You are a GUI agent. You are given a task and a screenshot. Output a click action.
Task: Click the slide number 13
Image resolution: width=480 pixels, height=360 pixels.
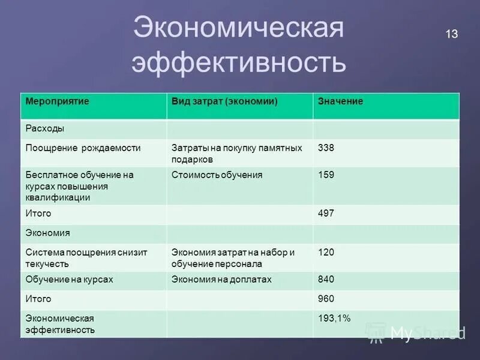click(451, 34)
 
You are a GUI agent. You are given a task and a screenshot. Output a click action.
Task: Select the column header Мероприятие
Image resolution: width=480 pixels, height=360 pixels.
click(58, 101)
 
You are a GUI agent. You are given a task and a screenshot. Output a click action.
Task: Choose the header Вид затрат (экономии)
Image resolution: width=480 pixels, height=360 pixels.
click(224, 101)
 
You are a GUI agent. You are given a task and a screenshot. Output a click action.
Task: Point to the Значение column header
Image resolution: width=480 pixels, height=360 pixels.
click(340, 101)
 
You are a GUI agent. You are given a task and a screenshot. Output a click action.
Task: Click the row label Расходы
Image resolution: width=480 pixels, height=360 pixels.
click(45, 128)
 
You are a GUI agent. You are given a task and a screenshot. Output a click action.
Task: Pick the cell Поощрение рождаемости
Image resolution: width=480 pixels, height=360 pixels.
click(83, 148)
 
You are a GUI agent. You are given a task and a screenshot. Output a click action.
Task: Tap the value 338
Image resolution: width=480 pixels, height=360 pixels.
click(326, 148)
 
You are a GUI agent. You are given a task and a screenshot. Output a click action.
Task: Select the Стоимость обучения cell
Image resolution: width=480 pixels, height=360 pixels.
click(217, 175)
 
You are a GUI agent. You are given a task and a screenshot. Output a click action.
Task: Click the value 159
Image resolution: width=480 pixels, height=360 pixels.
click(326, 175)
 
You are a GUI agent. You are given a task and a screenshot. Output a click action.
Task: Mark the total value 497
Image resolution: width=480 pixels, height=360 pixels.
click(326, 214)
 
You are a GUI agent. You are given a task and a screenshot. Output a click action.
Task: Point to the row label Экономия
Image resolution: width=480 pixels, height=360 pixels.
click(48, 233)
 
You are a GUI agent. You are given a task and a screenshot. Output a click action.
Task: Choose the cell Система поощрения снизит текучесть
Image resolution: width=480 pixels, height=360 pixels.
click(86, 258)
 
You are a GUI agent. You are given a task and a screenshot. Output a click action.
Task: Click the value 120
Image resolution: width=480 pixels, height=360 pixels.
click(326, 253)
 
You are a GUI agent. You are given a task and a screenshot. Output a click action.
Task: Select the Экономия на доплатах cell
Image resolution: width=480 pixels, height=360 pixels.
click(221, 280)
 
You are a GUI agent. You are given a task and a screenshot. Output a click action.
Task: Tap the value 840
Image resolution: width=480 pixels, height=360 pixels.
click(326, 280)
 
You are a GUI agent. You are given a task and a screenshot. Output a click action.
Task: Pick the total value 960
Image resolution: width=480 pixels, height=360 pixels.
click(326, 299)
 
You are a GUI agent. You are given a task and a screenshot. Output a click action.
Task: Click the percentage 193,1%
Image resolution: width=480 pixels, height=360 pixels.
click(335, 318)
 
